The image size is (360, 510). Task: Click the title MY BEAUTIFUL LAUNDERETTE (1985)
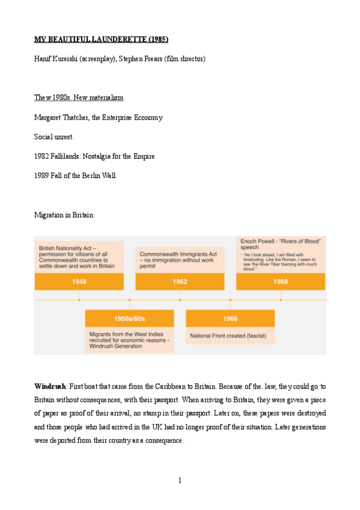tap(101, 40)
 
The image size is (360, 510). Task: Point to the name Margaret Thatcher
tap(62, 117)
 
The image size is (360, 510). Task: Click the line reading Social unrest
tap(53, 137)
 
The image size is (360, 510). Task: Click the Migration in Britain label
tap(64, 214)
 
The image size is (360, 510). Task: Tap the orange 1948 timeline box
tap(79, 281)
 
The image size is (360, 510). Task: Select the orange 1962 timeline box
tap(180, 281)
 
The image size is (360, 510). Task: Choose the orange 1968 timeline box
tap(280, 281)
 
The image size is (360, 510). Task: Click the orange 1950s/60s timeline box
tap(129, 318)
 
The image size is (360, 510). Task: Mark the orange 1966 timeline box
tap(230, 318)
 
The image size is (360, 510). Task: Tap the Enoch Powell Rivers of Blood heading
tap(280, 244)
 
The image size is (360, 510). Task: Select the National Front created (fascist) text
tap(228, 335)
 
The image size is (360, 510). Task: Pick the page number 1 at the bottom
tap(180, 480)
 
